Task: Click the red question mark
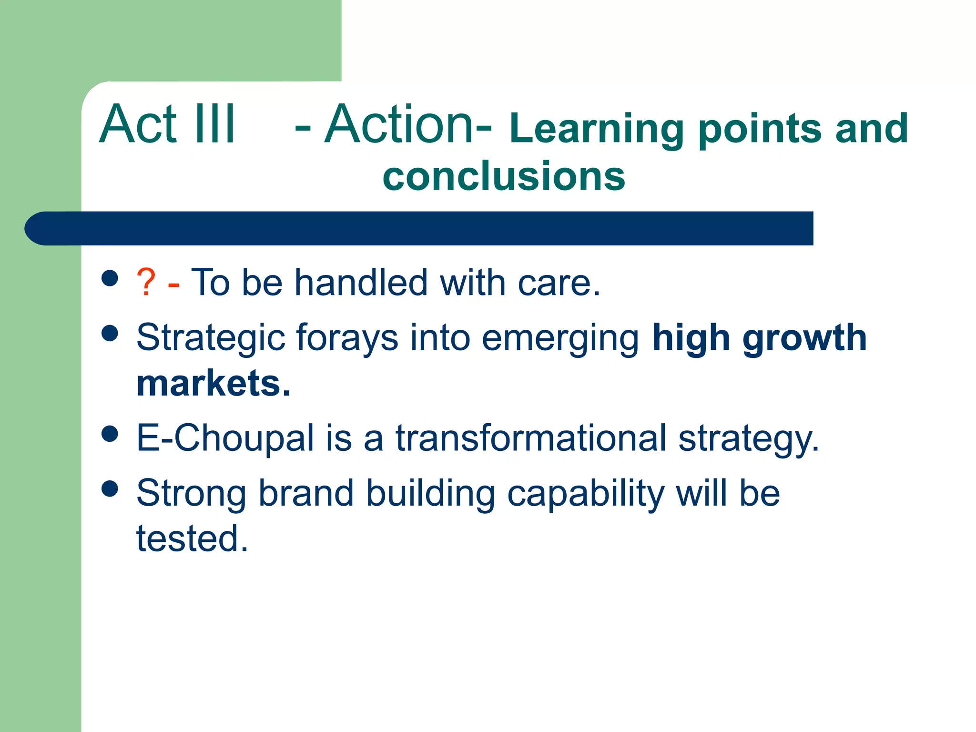[x=146, y=283]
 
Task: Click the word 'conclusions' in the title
[x=504, y=176]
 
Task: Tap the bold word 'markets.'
[x=213, y=383]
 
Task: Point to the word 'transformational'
[x=531, y=438]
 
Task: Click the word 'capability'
[x=586, y=494]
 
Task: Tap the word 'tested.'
[x=192, y=539]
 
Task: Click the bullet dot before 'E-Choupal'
[x=110, y=434]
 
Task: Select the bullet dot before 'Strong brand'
[x=110, y=488]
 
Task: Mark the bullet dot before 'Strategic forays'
[x=110, y=333]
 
